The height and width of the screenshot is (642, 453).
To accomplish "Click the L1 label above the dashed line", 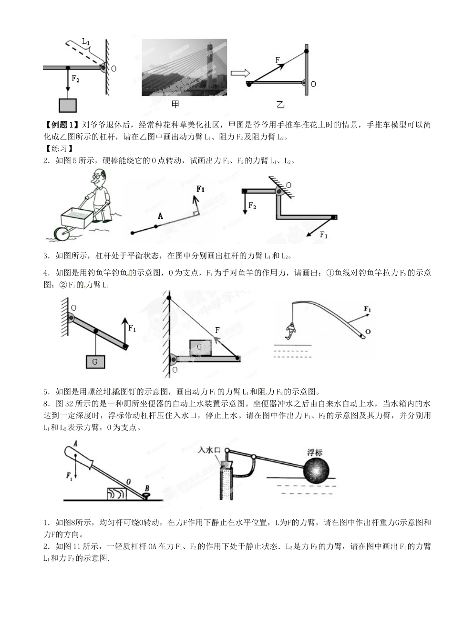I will click(x=86, y=42).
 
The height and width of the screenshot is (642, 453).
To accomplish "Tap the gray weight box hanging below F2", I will click(x=68, y=106).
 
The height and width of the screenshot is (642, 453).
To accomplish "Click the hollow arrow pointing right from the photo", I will click(x=240, y=73).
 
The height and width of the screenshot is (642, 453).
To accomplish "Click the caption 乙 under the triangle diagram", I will click(x=280, y=104).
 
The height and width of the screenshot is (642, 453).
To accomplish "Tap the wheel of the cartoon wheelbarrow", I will click(x=61, y=234).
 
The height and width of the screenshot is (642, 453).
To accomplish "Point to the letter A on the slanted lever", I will click(x=160, y=216).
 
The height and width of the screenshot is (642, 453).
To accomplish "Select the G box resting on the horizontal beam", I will click(x=200, y=347).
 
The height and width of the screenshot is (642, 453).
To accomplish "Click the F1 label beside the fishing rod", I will click(x=367, y=310).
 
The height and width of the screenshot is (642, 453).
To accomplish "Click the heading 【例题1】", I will click(x=61, y=125).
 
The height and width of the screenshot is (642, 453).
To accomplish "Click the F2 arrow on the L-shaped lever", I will click(x=245, y=203).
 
